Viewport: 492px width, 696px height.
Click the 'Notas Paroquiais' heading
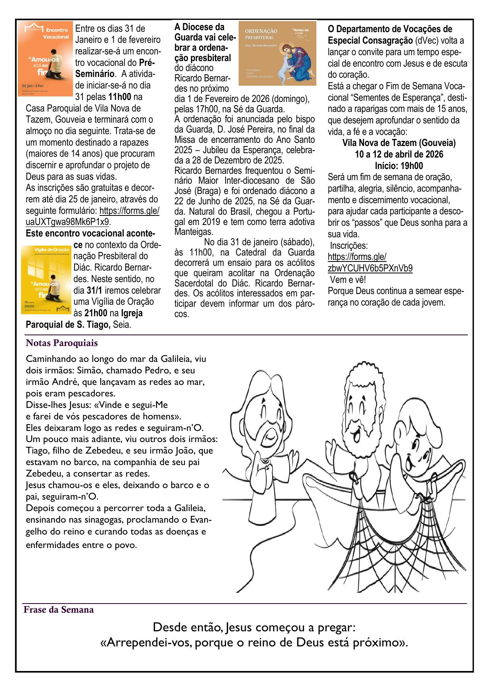pos(61,342)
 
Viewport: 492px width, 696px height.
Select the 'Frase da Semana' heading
pos(59,609)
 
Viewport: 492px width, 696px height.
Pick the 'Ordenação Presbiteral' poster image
pos(277,53)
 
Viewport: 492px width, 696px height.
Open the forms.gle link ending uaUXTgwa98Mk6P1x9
pos(92,216)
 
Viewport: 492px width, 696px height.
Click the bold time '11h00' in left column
pos(119,97)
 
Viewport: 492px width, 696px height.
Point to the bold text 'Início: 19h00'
pos(398,166)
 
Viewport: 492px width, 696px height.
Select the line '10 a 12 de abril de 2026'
pos(398,154)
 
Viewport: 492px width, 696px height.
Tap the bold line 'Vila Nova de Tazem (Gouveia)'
pos(398,143)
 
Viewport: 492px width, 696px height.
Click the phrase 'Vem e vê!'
pos(348,279)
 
